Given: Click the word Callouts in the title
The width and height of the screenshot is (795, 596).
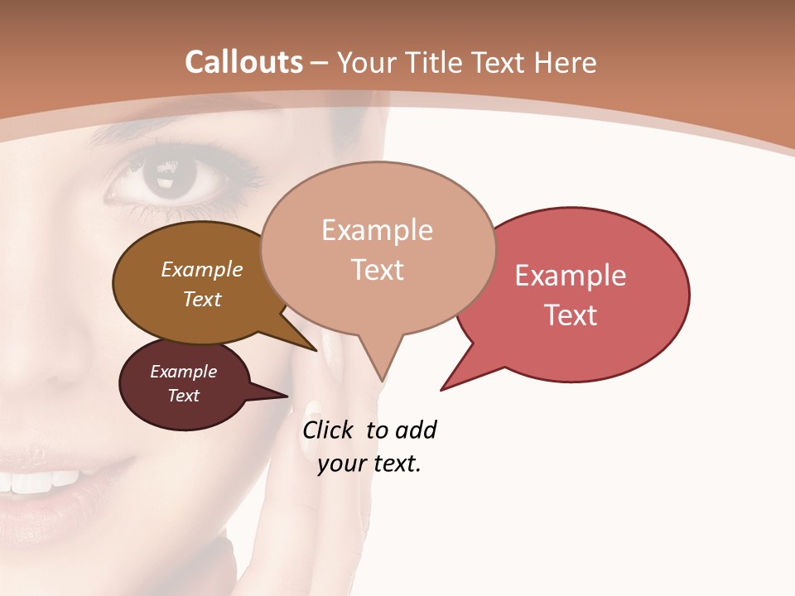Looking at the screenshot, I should tap(243, 62).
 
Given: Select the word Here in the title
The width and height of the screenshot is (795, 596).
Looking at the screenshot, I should tap(562, 63).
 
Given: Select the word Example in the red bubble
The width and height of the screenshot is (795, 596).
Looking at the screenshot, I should tap(571, 276).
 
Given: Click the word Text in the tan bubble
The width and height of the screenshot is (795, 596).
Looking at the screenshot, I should tap(378, 270).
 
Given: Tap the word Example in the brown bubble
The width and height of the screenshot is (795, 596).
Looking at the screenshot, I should tap(202, 269).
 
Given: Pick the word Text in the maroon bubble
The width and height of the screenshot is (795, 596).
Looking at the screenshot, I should tap(184, 396).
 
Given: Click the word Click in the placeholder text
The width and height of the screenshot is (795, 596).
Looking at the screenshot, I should tap(330, 430).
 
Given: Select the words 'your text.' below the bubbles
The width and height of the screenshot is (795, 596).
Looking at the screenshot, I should tap(369, 464).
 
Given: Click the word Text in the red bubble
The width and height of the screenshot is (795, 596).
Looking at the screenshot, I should tap(571, 315).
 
